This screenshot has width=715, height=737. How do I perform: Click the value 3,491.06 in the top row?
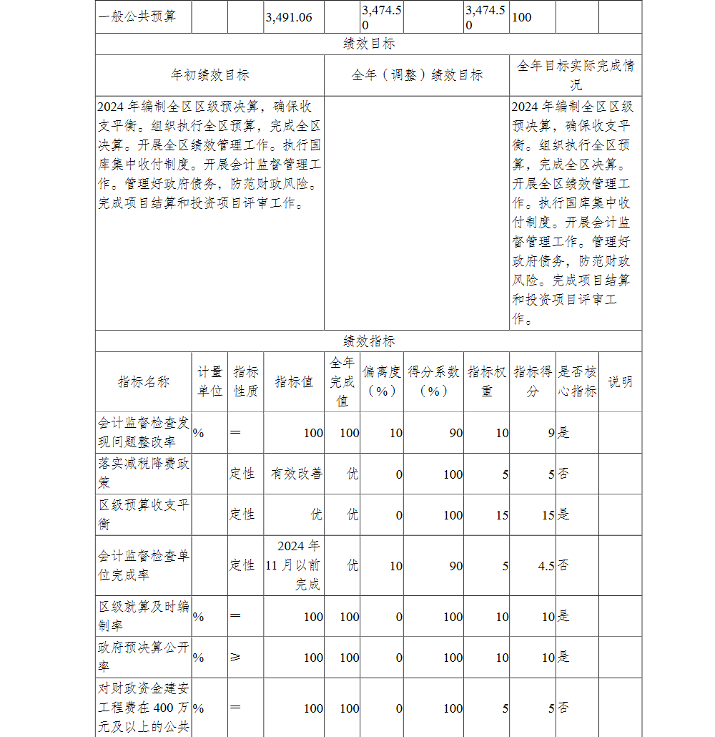click(x=289, y=17)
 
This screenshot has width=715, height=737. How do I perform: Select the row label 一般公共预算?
click(x=137, y=16)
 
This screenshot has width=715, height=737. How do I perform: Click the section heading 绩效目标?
click(x=368, y=44)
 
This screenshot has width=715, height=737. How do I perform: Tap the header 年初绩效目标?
click(x=209, y=75)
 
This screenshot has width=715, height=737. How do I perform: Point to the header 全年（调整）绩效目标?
click(x=417, y=75)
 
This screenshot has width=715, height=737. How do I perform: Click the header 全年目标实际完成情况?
click(x=576, y=75)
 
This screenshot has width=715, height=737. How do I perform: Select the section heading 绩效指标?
click(x=368, y=341)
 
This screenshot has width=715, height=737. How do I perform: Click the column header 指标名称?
click(x=144, y=382)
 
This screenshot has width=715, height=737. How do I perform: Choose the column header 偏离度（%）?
click(x=382, y=382)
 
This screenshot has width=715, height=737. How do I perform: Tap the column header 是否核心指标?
click(x=577, y=382)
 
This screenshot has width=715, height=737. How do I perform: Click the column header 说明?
click(x=620, y=382)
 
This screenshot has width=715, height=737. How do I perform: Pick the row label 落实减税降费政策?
click(x=144, y=473)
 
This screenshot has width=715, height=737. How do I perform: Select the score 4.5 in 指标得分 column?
click(x=546, y=566)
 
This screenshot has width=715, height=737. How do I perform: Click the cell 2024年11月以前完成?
click(x=294, y=565)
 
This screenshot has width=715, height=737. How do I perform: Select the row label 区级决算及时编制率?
click(x=144, y=616)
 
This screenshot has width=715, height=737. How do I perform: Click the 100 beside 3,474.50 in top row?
click(x=522, y=17)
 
